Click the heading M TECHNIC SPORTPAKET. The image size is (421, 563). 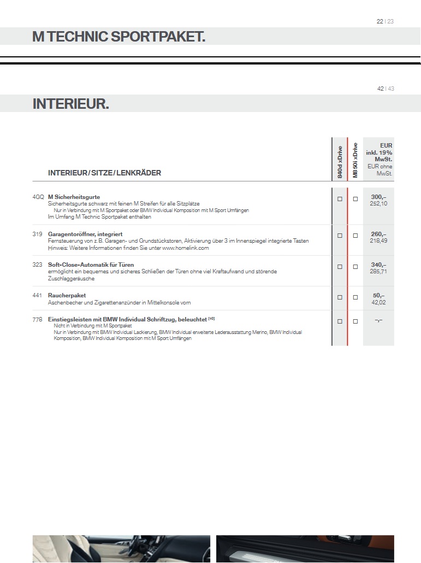click(x=118, y=37)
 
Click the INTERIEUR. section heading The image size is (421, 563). click(x=70, y=104)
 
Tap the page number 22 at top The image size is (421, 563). click(x=380, y=21)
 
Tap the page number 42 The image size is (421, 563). click(x=380, y=89)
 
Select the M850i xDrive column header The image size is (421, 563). click(x=355, y=160)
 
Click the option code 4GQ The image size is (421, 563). click(x=38, y=197)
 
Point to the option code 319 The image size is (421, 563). click(x=38, y=234)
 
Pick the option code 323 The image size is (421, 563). click(x=38, y=265)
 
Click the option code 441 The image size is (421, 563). click(x=38, y=295)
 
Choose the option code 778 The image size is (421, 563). click(x=38, y=319)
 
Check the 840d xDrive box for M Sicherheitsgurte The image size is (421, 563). click(x=340, y=199)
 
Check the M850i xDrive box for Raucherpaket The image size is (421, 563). click(x=355, y=297)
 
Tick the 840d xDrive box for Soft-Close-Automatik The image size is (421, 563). click(x=340, y=267)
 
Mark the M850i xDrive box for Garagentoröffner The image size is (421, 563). click(x=355, y=236)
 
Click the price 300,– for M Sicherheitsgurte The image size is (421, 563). click(x=378, y=197)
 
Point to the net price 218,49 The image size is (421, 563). click(x=378, y=241)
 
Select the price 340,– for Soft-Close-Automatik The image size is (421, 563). click(x=378, y=265)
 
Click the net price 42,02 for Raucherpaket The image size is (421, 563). click(x=378, y=302)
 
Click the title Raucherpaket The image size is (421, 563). click(x=67, y=295)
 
